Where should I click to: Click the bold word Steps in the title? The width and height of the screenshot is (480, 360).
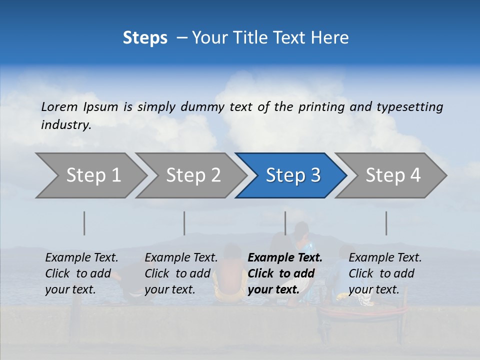point(145,38)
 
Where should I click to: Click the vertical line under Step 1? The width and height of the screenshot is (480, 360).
point(84,223)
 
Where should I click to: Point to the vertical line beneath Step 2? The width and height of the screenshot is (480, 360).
point(184,223)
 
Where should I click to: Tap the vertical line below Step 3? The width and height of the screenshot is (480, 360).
point(285,223)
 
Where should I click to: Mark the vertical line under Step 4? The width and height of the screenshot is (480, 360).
point(386,223)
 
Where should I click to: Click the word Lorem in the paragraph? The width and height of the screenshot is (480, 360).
point(59,107)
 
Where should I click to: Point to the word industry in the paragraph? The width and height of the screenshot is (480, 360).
point(65,125)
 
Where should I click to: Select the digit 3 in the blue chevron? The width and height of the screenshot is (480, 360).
point(314,175)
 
